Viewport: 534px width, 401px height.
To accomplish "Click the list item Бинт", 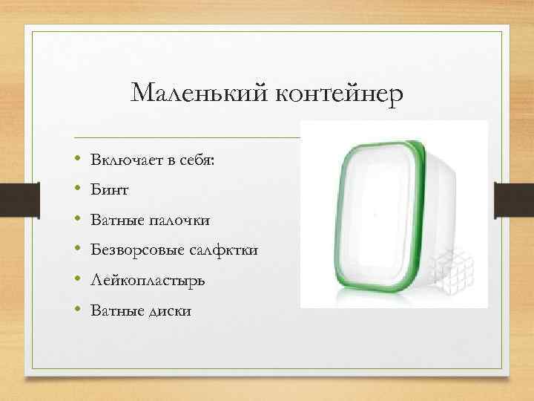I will (110, 191).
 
